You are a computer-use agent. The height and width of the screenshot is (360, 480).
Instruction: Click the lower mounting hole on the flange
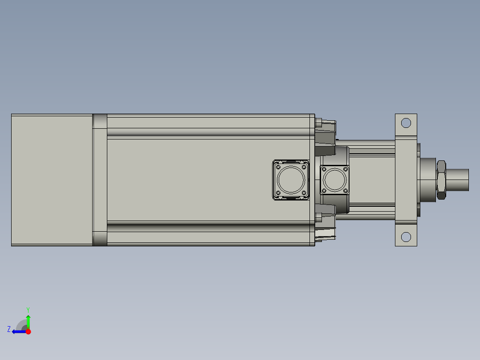[x=406, y=237]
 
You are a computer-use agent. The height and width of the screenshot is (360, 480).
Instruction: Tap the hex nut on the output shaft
[x=441, y=180]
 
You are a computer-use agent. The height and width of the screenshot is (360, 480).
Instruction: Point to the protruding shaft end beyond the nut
[x=459, y=180]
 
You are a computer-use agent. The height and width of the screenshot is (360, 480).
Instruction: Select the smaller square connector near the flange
[x=335, y=180]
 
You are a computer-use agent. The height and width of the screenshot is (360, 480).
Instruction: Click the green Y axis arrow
[x=28, y=321]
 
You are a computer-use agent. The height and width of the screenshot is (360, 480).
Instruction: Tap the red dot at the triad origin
[x=28, y=331]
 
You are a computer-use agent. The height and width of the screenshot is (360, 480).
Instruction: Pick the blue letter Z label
[x=9, y=329]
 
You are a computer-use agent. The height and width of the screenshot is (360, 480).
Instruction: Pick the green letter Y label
[x=28, y=309]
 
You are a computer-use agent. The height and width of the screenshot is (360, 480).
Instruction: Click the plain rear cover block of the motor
[x=51, y=180]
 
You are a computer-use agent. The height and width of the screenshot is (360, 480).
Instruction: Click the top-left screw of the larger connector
[x=278, y=167]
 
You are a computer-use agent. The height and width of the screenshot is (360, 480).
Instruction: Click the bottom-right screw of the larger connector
[x=304, y=192]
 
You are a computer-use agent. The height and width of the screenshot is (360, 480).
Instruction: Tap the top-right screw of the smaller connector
[x=345, y=169]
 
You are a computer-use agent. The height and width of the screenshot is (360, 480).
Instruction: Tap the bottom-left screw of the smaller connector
[x=324, y=191]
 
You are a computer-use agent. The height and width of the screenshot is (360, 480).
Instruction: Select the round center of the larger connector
[x=291, y=180]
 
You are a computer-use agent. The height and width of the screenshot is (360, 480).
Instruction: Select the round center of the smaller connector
[x=335, y=180]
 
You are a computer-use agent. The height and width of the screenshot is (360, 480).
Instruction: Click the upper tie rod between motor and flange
[x=365, y=143]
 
